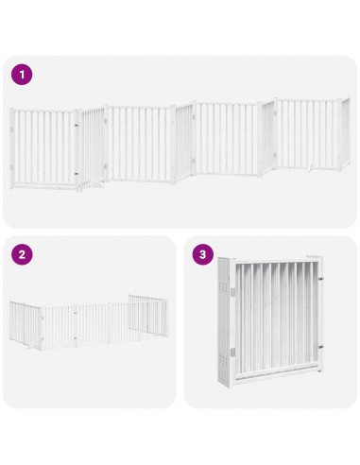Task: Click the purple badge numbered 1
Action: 22,75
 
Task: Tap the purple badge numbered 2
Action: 22,254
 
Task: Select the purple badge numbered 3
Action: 202,254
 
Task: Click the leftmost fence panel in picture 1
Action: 43,146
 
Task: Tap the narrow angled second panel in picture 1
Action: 92,146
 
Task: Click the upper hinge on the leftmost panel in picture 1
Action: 76,126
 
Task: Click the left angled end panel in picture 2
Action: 26,322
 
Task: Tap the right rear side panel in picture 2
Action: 148,316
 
